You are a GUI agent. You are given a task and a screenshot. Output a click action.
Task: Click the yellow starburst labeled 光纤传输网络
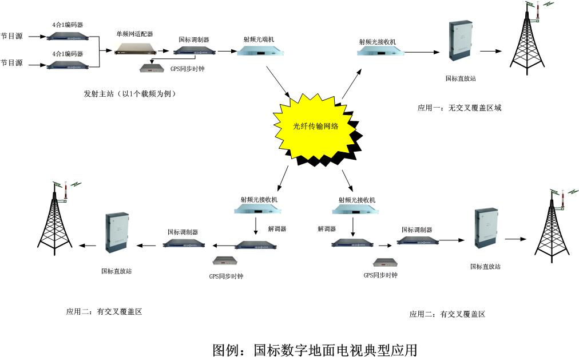314,127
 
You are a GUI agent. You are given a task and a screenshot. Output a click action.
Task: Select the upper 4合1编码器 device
68,37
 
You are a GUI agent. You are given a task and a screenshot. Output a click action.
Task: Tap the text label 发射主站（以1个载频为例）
129,94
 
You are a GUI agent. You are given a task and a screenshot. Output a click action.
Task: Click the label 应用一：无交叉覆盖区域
459,108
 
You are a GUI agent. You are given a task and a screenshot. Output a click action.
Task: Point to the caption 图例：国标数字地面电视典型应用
315,349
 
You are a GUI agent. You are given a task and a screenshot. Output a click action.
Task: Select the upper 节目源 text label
11,35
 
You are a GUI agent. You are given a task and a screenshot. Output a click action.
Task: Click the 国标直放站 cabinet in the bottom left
116,233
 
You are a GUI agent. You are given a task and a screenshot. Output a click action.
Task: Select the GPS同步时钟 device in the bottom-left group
226,260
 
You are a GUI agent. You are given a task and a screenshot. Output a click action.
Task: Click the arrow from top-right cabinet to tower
490,52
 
